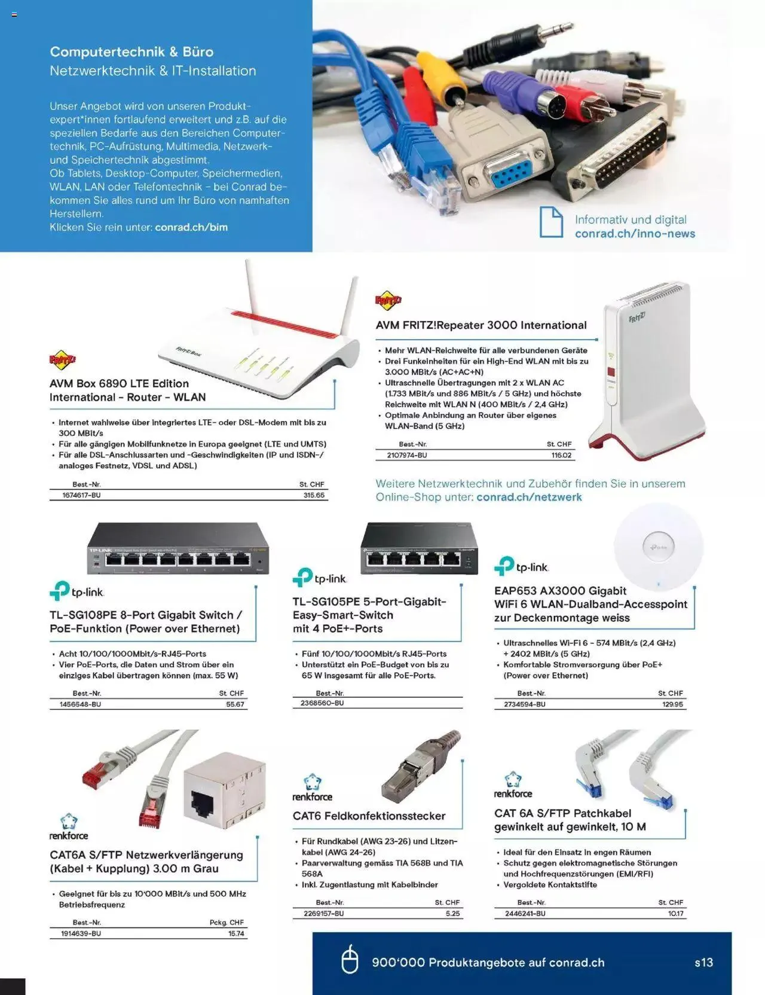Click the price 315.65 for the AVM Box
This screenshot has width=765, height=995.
314,495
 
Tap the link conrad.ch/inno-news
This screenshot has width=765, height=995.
635,234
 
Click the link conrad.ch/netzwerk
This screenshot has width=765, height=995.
529,497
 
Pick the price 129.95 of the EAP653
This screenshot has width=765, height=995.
672,704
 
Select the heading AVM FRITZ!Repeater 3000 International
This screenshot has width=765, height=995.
481,325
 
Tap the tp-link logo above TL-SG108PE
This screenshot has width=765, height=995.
76,591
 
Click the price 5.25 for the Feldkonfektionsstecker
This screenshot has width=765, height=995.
452,914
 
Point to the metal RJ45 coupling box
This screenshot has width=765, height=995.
224,792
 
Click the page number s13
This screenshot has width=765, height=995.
703,963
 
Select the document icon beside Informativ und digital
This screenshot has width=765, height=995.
551,222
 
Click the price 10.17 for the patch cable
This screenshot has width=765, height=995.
675,914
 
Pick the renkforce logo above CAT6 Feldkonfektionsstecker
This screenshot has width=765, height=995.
312,788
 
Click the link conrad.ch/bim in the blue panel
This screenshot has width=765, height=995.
191,227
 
